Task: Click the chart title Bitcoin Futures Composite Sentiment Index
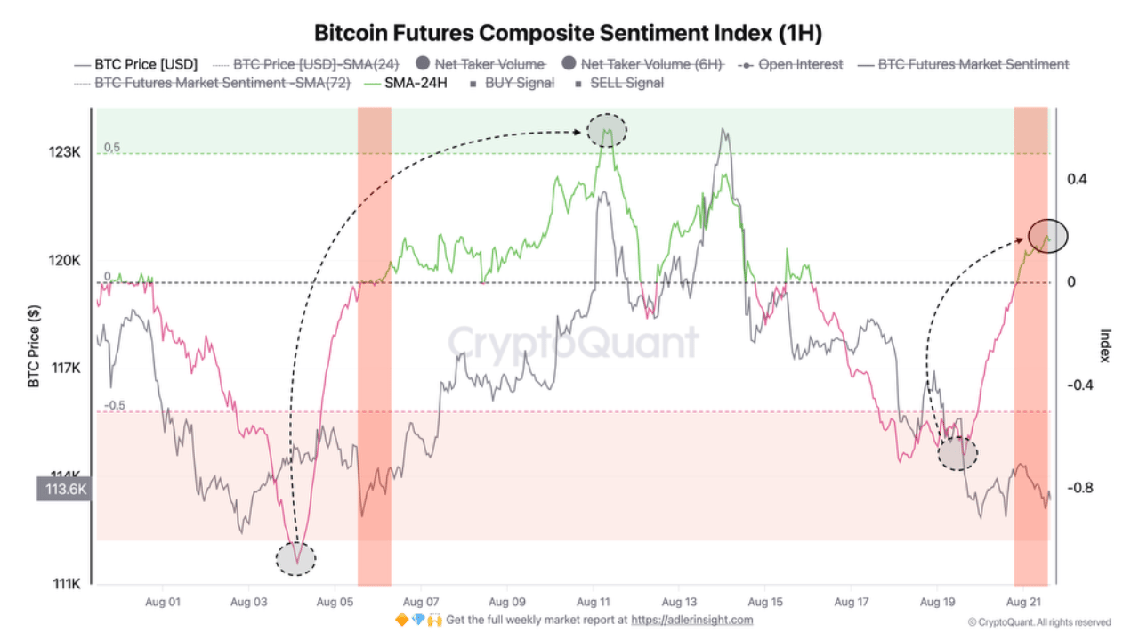[x=568, y=33]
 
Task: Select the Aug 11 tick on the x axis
[x=593, y=602]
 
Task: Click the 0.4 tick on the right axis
[x=1077, y=179]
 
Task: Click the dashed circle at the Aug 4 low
[x=295, y=558]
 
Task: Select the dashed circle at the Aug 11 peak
[x=607, y=131]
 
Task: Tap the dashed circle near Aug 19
[x=957, y=453]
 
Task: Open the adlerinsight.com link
[x=691, y=620]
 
